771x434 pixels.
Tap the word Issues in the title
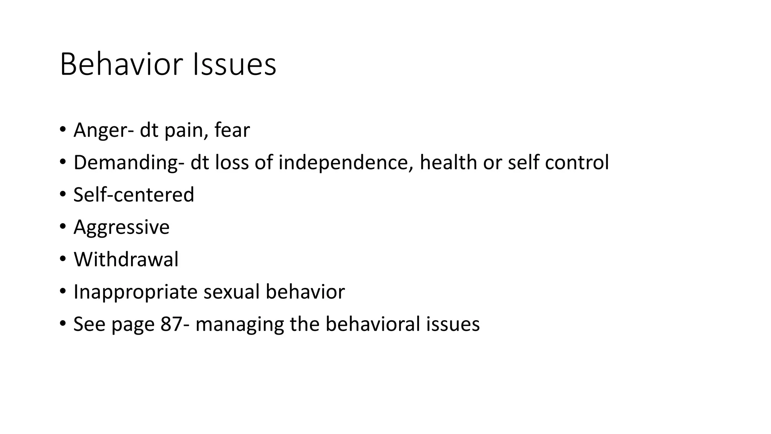point(234,64)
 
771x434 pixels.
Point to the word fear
point(232,130)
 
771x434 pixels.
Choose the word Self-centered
point(134,195)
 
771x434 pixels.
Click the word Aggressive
point(121,228)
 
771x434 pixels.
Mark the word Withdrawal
point(126,259)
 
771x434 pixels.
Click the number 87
point(171,324)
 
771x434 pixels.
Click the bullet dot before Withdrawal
point(62,259)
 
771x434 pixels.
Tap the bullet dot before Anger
point(62,130)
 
